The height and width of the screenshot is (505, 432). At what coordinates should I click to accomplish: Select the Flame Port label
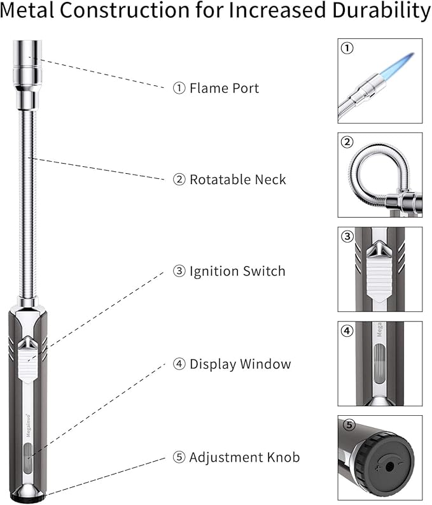(224, 88)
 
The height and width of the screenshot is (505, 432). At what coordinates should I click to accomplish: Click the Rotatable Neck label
(237, 180)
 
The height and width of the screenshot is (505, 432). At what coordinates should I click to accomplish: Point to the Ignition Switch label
(237, 271)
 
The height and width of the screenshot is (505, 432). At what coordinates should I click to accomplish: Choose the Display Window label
(240, 364)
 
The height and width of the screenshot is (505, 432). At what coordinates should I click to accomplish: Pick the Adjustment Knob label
(244, 457)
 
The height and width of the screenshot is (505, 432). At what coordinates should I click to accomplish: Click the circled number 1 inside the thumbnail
(347, 48)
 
